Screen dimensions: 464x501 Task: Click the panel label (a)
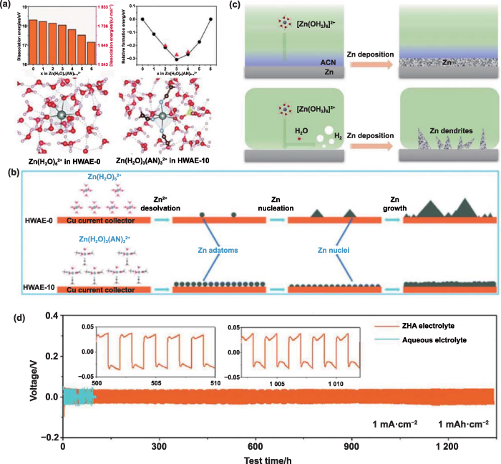click(8, 6)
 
